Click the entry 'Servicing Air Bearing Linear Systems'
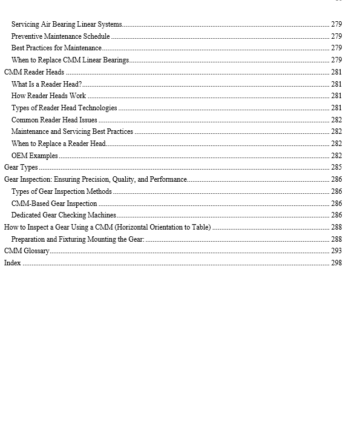[67, 24]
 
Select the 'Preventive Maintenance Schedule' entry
[61, 36]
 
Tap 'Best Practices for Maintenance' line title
[56, 48]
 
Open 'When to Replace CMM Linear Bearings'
[70, 60]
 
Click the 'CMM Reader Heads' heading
[34, 72]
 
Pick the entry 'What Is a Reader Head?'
[47, 84]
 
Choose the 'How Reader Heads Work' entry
[48, 96]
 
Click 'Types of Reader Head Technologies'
[64, 108]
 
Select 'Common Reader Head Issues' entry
[54, 120]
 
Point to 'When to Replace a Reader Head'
[58, 144]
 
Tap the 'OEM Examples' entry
[34, 156]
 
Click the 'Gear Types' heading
[21, 167]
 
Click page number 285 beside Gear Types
[336, 167]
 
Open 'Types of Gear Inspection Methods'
[62, 191]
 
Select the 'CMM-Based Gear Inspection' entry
[54, 204]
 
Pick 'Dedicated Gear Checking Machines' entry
[64, 215]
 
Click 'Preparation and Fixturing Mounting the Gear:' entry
[77, 239]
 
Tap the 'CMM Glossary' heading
[27, 251]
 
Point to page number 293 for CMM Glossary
[336, 251]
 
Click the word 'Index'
[13, 263]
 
